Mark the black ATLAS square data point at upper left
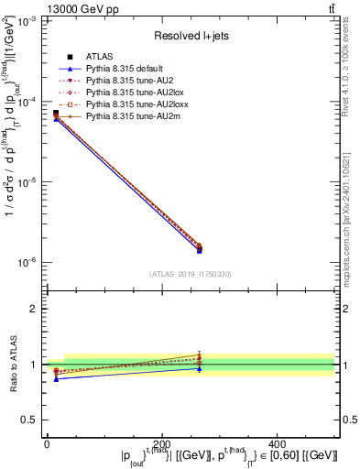pyautogui.click(x=56, y=114)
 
